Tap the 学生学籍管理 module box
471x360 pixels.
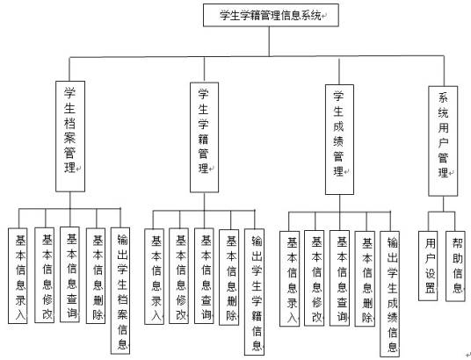point(203,135)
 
